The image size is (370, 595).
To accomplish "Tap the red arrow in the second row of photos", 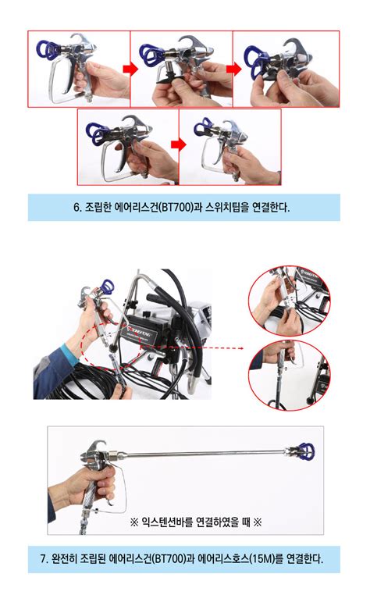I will [x=179, y=144].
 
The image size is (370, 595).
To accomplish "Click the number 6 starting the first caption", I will [x=76, y=208].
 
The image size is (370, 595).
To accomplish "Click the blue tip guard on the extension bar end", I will [x=302, y=451].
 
